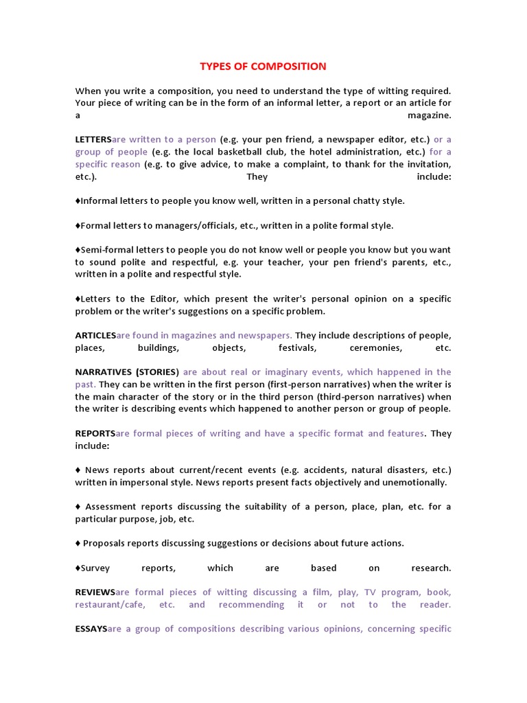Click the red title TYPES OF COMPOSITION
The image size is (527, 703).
click(263, 67)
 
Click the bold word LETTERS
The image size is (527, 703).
click(93, 139)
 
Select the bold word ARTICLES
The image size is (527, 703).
click(95, 336)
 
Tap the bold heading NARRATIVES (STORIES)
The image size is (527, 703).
click(127, 372)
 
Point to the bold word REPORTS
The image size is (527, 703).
click(95, 434)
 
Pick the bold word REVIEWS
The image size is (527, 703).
click(95, 592)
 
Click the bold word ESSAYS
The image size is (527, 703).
click(91, 629)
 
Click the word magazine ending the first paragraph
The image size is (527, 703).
click(429, 115)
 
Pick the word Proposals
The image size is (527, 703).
click(104, 544)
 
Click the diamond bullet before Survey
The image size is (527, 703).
click(78, 568)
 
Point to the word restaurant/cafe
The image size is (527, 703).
click(109, 605)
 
